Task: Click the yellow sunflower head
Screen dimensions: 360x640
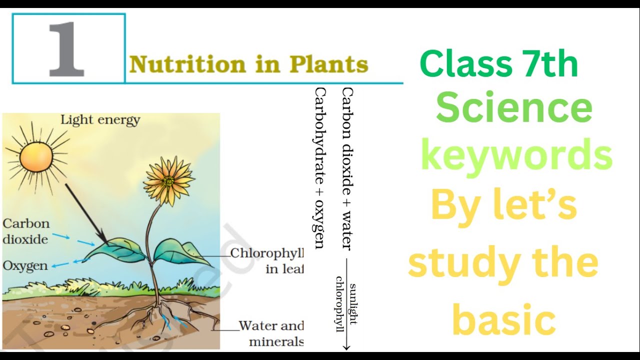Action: [168, 180]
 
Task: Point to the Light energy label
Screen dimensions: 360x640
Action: [100, 120]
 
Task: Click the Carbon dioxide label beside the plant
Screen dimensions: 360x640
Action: [25, 231]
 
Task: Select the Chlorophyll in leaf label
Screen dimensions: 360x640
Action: [267, 260]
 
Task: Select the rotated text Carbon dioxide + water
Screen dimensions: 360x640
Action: [347, 168]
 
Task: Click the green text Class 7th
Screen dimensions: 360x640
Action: [498, 64]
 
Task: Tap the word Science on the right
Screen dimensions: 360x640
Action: [514, 108]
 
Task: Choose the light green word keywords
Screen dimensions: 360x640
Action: [516, 155]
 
